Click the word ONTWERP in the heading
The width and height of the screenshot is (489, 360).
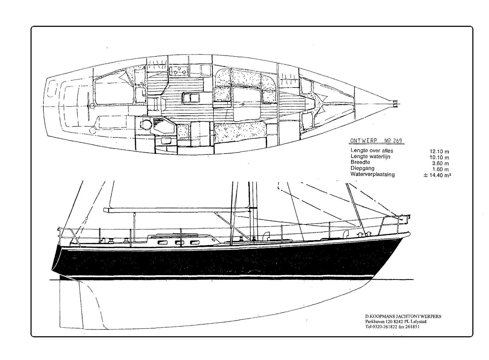click(364, 141)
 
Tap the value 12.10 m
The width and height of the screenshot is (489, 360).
click(439, 151)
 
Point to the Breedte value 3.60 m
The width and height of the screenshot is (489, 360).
click(440, 163)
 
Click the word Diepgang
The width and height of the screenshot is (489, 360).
click(362, 169)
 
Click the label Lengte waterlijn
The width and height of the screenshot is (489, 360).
click(370, 156)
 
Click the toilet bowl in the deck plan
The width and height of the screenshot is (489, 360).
click(145, 124)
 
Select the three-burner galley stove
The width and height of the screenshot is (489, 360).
click(178, 71)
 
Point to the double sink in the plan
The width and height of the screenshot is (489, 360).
click(190, 98)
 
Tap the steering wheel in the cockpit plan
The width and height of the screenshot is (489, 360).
click(88, 106)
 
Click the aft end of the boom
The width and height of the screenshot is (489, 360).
click(105, 210)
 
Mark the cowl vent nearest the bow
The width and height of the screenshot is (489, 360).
click(346, 233)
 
